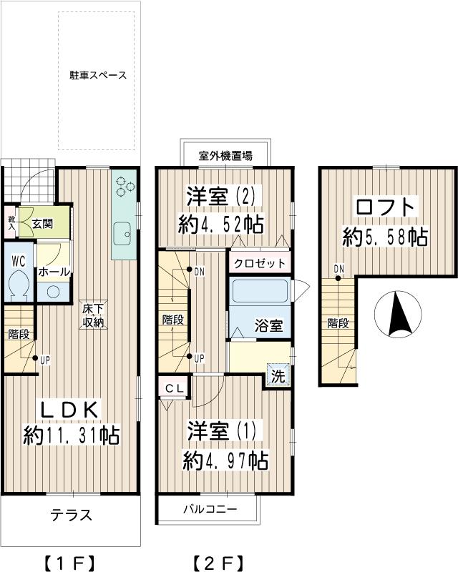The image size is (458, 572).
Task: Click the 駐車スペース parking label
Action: point(98,75)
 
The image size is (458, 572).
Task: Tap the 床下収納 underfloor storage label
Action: point(93,315)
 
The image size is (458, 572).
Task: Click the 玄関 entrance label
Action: point(42,224)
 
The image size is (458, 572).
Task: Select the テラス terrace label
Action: point(71,516)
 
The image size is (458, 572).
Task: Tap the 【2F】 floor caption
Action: point(219,561)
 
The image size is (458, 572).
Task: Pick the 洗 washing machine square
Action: point(278,374)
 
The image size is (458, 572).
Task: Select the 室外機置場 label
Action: point(225,154)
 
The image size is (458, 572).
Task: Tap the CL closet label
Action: point(174,388)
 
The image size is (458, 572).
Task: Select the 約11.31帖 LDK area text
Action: point(72,434)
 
